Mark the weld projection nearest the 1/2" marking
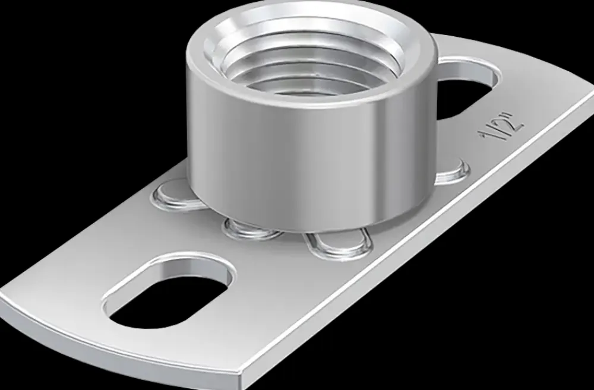[451, 172]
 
